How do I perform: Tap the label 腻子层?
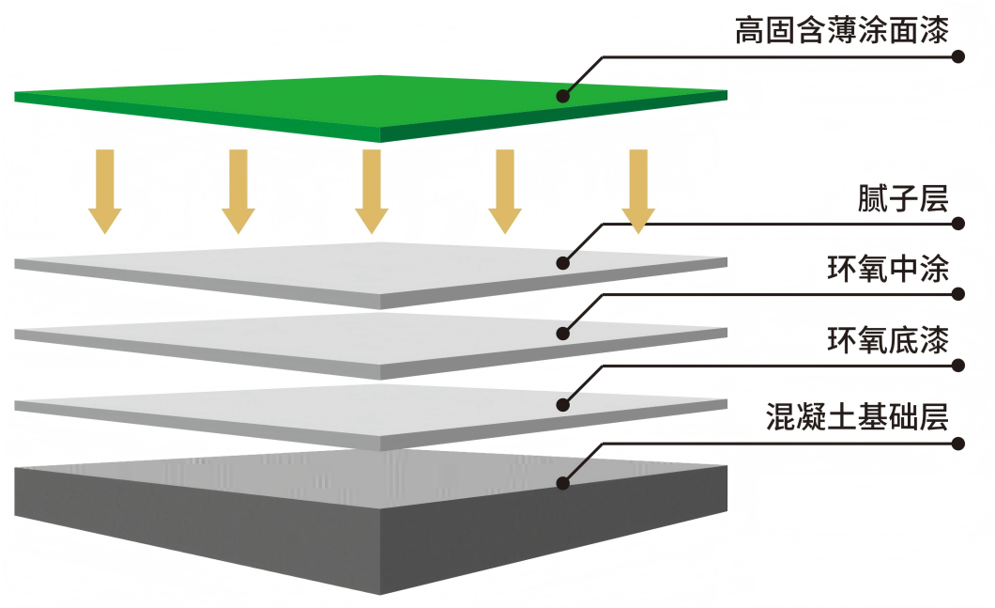(x=903, y=199)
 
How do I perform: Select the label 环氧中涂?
(x=888, y=270)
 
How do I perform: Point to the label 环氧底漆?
(x=888, y=339)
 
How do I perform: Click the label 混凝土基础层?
(x=857, y=415)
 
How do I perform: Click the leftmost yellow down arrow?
(x=105, y=191)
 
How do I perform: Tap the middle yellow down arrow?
(x=372, y=191)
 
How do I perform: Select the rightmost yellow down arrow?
(x=638, y=191)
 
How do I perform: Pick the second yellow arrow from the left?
(x=238, y=191)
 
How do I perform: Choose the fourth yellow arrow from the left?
(x=505, y=191)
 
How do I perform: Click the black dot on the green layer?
(x=563, y=96)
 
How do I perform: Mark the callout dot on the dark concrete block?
(x=563, y=483)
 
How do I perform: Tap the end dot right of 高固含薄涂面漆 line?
(x=958, y=56)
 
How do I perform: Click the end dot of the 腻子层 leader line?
(x=958, y=224)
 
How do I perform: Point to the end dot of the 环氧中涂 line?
(x=958, y=294)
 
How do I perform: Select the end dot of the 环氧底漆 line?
(x=958, y=365)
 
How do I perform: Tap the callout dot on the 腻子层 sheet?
(x=563, y=263)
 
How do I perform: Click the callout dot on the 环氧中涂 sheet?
(x=563, y=333)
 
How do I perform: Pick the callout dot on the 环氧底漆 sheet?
(x=563, y=404)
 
